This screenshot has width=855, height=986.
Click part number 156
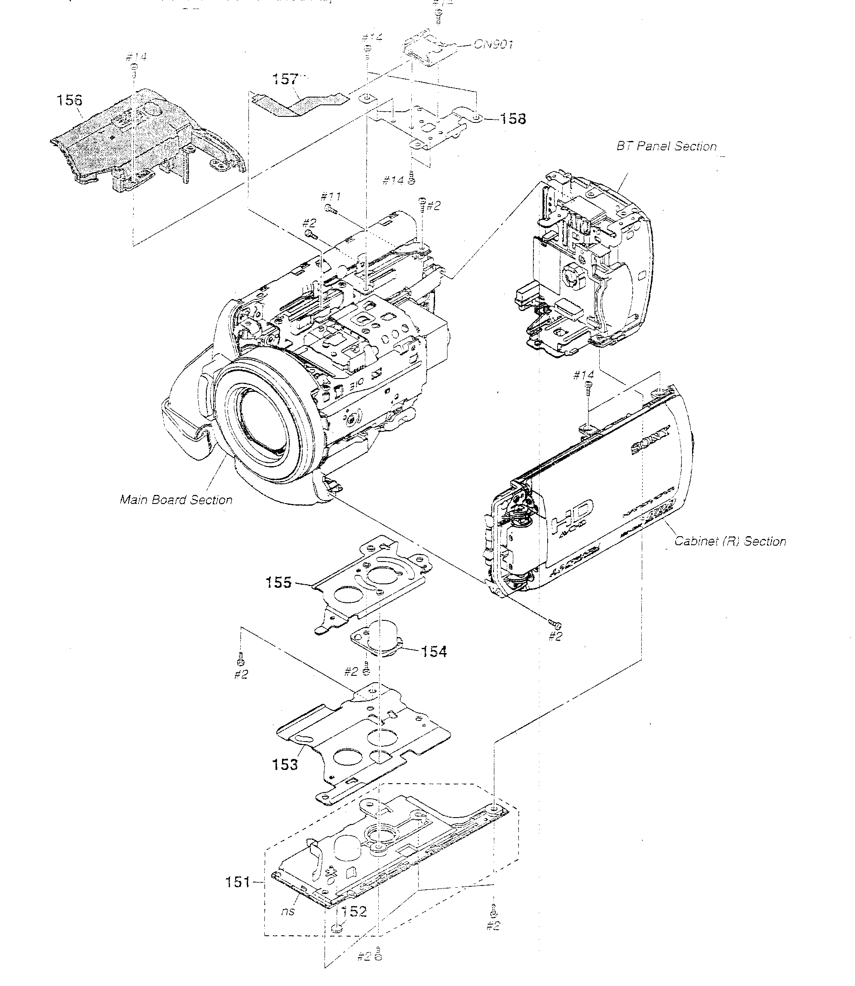[x=69, y=100]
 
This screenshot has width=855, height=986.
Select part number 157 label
[x=285, y=79]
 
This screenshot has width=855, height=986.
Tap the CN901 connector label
[x=493, y=44]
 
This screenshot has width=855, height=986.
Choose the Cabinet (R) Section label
[x=729, y=541]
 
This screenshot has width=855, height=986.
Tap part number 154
[x=434, y=651]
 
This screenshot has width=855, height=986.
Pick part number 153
[x=285, y=764]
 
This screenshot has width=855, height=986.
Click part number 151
[x=238, y=882]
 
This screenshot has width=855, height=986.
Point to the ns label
[x=287, y=911]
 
